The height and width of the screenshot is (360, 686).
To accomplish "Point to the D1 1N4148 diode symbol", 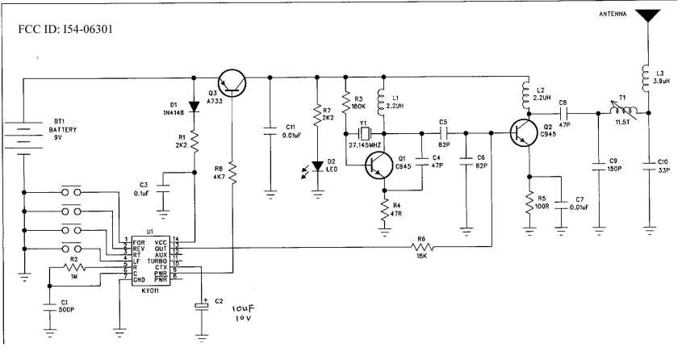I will [x=195, y=106].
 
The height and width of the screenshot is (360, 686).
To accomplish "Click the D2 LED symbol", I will [x=317, y=165].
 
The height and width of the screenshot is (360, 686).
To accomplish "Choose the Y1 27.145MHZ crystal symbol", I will [x=365, y=132].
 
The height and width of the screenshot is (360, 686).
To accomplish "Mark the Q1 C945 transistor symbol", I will [x=378, y=164].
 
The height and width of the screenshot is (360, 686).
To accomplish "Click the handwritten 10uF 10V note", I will [x=241, y=313].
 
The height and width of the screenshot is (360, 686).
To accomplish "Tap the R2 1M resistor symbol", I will [x=74, y=269].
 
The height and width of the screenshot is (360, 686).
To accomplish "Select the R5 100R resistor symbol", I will [x=529, y=199].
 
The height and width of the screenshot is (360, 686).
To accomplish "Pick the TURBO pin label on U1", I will [x=157, y=262].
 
